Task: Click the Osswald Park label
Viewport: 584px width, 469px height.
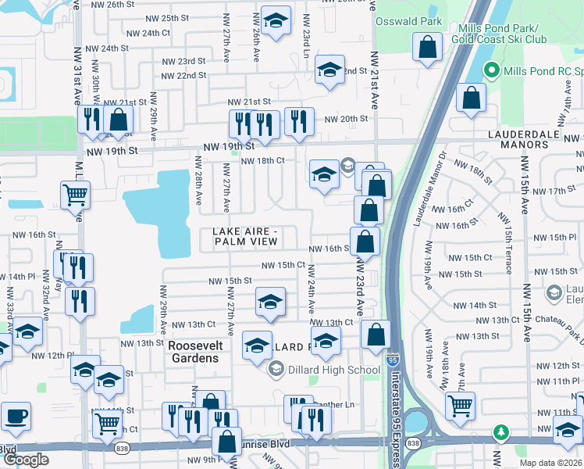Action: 408,22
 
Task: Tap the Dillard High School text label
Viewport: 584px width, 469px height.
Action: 325,369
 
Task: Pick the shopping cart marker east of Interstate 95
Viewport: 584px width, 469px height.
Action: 460,405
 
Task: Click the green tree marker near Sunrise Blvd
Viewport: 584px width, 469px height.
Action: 500,431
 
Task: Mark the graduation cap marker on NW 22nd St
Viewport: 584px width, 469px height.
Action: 329,70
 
